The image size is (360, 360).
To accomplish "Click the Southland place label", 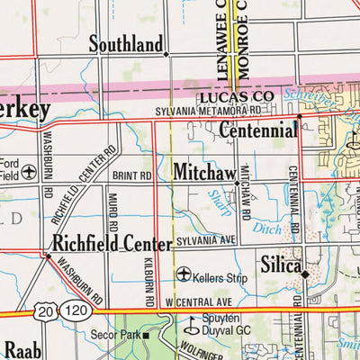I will (x=126, y=44).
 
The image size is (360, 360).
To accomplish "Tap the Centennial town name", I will (x=258, y=130).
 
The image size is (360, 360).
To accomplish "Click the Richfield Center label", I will (x=112, y=244).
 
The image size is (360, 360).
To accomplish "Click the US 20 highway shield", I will (x=46, y=310).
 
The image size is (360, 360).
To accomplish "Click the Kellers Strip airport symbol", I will (x=184, y=274).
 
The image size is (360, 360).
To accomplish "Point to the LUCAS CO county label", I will (x=237, y=94).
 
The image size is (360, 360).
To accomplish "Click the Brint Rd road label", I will (x=132, y=176).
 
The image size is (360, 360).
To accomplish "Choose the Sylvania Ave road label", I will (x=205, y=241).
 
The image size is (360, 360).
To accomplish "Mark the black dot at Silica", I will (x=305, y=274).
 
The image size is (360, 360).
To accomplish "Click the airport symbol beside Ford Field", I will (x=29, y=170).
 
